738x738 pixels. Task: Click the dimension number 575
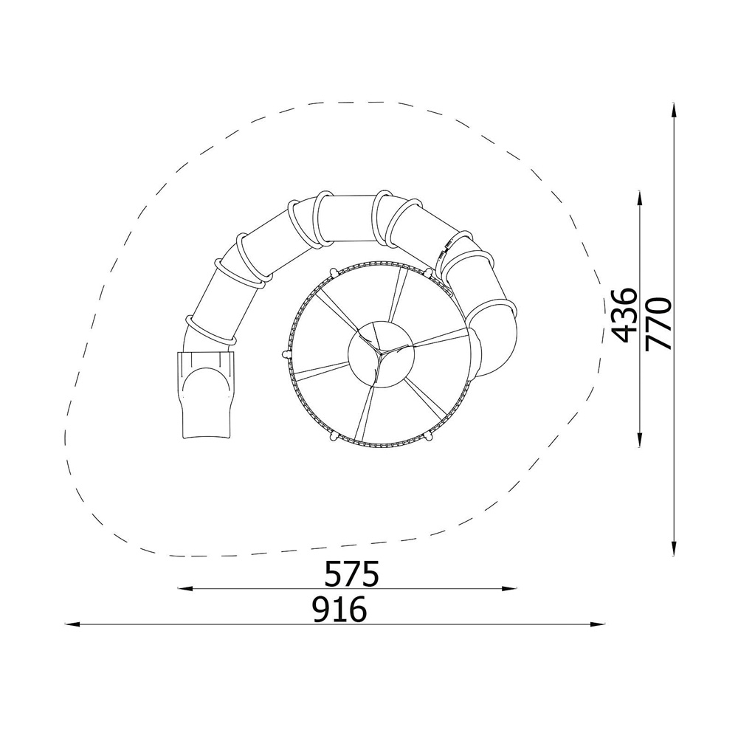pos(352,573)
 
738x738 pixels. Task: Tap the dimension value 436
pos(626,315)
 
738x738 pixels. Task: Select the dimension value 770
pos(658,324)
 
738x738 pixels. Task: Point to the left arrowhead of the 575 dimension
pos(185,588)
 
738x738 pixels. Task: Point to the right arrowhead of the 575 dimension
pos(510,588)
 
